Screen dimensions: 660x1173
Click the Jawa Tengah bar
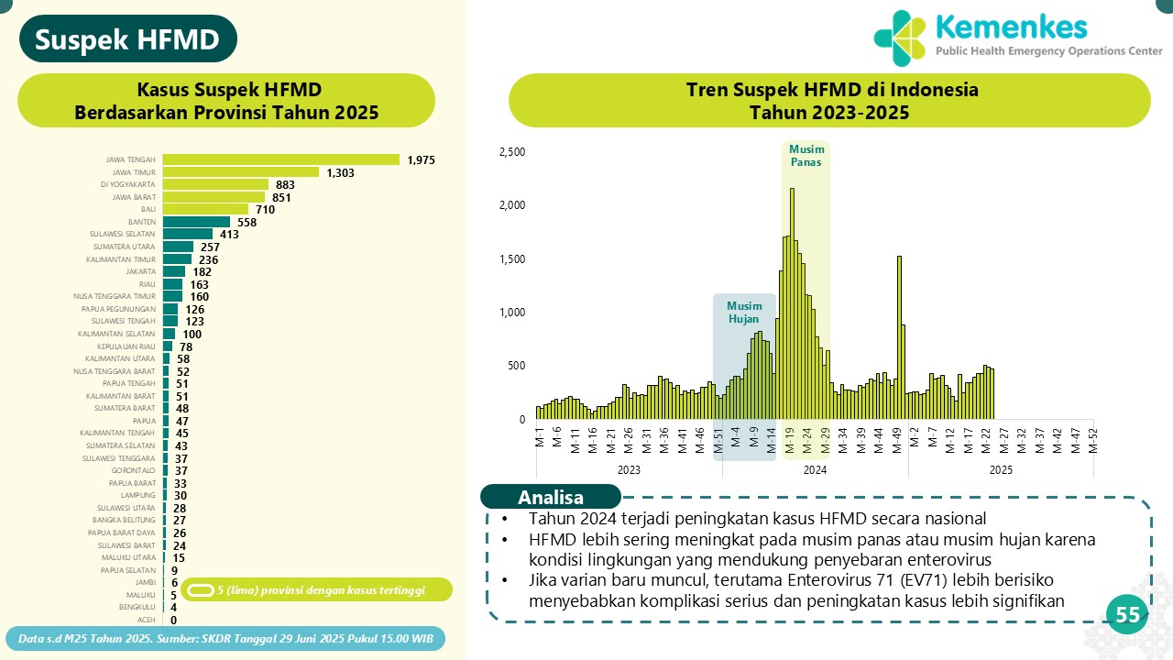(280, 159)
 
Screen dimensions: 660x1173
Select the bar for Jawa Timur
(240, 172)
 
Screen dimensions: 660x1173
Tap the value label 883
(285, 184)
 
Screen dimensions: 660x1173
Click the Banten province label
(142, 222)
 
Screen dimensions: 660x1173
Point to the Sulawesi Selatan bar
(187, 234)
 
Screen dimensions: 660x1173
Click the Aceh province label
(147, 620)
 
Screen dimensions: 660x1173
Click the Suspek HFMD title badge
(127, 39)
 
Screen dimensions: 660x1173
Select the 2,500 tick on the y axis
(511, 151)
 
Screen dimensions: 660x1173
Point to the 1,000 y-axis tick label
(511, 313)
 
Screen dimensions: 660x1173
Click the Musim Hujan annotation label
(744, 312)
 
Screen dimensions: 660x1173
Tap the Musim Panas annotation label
(806, 156)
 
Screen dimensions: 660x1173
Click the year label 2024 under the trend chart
(815, 469)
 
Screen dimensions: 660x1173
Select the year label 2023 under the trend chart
(629, 469)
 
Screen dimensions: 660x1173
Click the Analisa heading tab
(550, 498)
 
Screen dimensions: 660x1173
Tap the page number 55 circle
(1127, 616)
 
